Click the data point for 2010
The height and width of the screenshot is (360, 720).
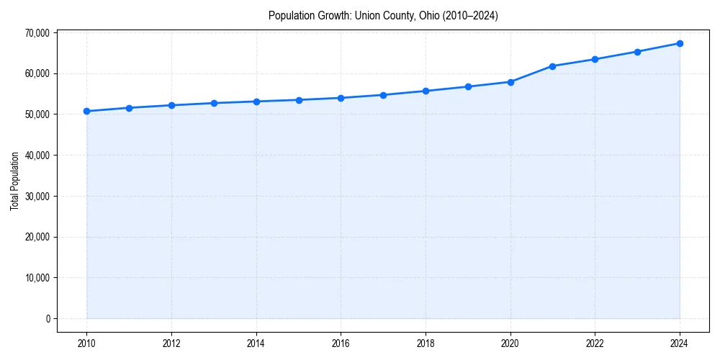[x=86, y=111]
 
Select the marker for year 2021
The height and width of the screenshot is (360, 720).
[x=552, y=66]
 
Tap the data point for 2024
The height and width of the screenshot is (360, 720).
[x=680, y=43]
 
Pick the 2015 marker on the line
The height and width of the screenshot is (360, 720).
[x=299, y=100]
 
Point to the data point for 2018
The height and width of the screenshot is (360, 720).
[x=426, y=91]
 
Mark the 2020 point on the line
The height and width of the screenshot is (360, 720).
[x=510, y=82]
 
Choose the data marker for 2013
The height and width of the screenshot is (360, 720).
[x=214, y=103]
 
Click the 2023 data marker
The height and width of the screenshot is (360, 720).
[x=637, y=52]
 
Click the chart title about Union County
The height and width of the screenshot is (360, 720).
[x=383, y=15]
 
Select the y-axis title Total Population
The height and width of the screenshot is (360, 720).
[x=15, y=181]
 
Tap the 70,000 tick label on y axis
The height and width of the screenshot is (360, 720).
[x=36, y=32]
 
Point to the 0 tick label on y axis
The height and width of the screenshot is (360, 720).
[x=47, y=318]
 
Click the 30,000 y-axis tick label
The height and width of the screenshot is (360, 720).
[x=36, y=196]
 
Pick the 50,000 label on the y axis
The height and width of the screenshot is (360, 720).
[x=36, y=114]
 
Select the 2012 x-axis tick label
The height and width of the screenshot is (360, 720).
[x=171, y=343]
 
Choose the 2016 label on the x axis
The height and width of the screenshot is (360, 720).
[x=341, y=343]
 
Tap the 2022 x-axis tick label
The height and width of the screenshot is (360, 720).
[x=595, y=343]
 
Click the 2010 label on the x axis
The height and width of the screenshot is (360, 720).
[x=86, y=343]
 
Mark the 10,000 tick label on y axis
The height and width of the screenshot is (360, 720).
[x=36, y=278]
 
